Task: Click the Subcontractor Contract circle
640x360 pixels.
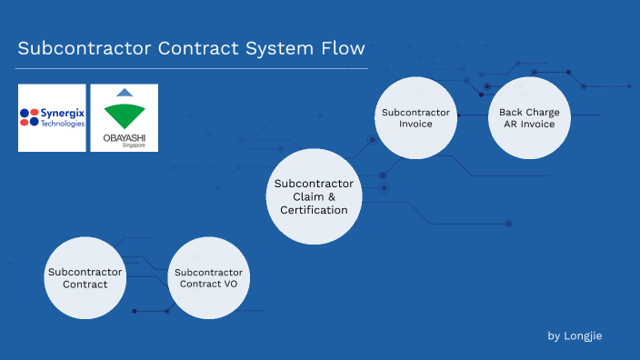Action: pos(85,277)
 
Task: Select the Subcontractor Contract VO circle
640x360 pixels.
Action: pos(209,277)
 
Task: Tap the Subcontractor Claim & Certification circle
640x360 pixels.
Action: pos(314,196)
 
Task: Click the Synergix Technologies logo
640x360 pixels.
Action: pos(52,117)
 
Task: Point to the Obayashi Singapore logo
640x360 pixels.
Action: pos(124,117)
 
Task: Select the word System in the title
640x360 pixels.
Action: pos(272,47)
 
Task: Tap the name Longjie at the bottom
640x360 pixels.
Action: pos(584,336)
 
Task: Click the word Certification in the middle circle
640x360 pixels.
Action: pos(314,210)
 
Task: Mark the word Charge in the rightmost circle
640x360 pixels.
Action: pos(542,112)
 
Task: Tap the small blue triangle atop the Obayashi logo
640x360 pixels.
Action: pos(124,94)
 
